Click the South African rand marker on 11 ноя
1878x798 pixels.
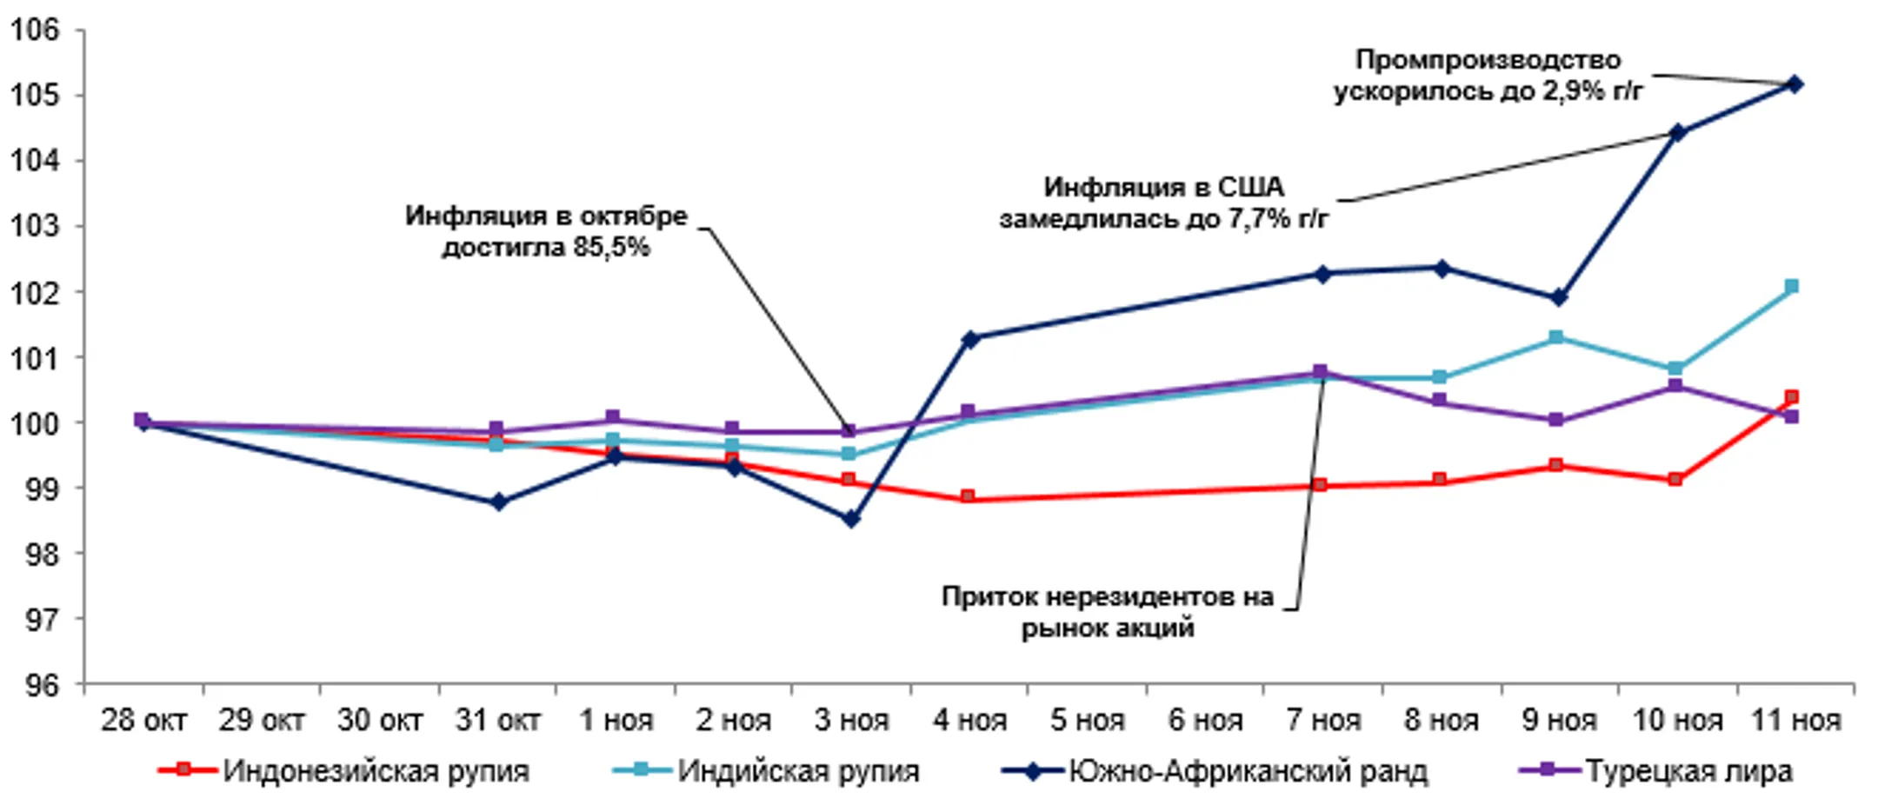[x=1794, y=84]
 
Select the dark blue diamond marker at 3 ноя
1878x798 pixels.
[x=851, y=519]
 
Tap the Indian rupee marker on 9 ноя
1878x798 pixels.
[x=1556, y=337]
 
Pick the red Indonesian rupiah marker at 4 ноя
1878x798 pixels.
[x=968, y=497]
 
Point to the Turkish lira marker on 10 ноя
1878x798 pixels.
[x=1675, y=386]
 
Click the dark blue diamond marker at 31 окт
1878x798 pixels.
[x=498, y=502]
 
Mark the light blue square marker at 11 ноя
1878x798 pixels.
[x=1792, y=287]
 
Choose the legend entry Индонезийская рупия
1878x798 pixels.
[x=376, y=771]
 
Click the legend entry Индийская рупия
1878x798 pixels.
[x=798, y=771]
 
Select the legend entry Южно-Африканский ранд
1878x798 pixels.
[x=1248, y=771]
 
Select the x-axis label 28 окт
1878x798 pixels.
[x=143, y=721]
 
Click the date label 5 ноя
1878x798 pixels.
[x=1087, y=721]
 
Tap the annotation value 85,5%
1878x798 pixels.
[x=610, y=248]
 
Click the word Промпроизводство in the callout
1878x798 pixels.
[x=1488, y=60]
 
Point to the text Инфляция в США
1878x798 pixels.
[x=1163, y=188]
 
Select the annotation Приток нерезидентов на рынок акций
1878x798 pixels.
[x=1107, y=612]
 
